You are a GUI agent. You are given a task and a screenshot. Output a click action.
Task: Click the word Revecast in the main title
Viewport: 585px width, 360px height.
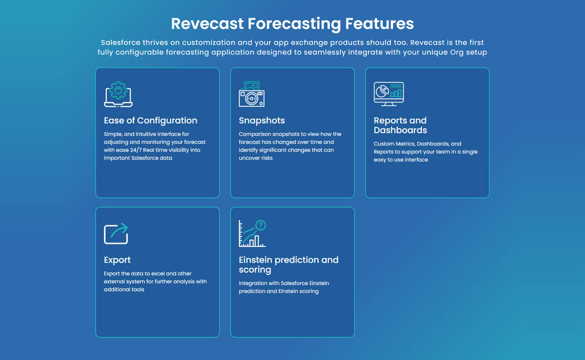[x=207, y=23]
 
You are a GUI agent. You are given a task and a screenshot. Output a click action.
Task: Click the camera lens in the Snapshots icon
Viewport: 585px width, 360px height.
[x=252, y=99]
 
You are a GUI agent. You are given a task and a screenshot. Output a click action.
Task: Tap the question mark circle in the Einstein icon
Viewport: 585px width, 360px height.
[x=261, y=225]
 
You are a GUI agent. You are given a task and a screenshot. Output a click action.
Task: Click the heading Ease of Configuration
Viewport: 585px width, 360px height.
[x=150, y=121]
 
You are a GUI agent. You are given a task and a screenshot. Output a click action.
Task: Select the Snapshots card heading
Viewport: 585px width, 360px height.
[x=262, y=121]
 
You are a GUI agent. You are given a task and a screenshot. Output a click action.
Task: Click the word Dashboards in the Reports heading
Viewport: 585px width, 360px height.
[x=400, y=130]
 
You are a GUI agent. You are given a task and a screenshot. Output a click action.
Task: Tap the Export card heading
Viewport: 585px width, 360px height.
[x=117, y=260]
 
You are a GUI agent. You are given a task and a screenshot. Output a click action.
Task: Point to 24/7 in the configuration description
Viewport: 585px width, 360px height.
[x=136, y=150]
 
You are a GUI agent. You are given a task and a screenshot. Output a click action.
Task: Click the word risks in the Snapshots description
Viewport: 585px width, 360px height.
[x=266, y=158]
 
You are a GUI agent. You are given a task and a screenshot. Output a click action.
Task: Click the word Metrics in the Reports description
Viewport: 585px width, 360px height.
[x=405, y=144]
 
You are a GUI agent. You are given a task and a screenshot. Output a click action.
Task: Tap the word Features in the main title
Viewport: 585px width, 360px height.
[x=379, y=23]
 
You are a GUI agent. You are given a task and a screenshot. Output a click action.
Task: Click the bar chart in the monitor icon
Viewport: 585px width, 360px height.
[x=396, y=93]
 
